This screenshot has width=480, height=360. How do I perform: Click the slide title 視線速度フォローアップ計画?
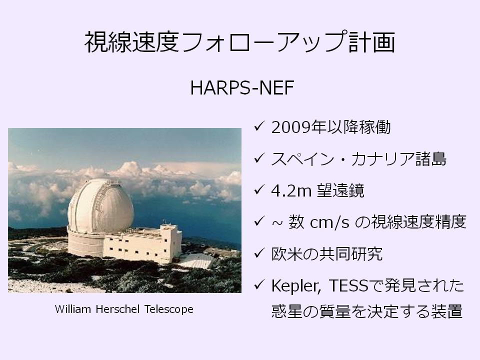pyautogui.click(x=239, y=42)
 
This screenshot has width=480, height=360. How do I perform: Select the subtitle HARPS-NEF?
pyautogui.click(x=242, y=88)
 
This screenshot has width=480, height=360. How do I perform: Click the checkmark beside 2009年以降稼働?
pyautogui.click(x=259, y=126)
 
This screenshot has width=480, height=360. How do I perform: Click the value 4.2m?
pyautogui.click(x=291, y=190)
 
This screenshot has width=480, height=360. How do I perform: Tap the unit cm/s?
pyautogui.click(x=329, y=222)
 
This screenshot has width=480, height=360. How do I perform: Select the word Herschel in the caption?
pyautogui.click(x=117, y=309)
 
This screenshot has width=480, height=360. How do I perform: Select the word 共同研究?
pyautogui.click(x=351, y=254)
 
